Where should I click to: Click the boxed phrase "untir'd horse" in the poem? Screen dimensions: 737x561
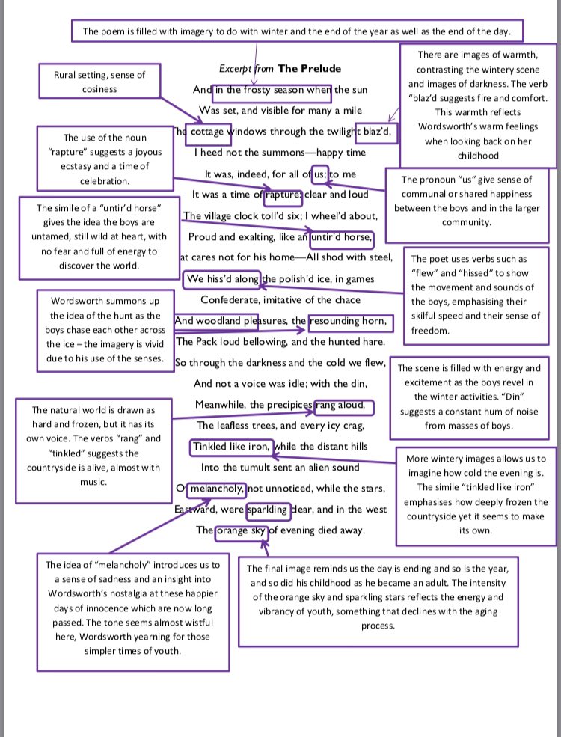[340, 237]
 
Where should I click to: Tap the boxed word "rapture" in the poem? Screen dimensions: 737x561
[283, 195]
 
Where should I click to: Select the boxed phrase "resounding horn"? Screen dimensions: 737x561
[349, 322]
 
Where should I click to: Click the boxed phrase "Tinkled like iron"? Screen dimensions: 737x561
[232, 447]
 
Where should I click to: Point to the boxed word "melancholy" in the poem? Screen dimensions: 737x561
[216, 489]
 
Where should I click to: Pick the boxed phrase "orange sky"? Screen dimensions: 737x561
[241, 531]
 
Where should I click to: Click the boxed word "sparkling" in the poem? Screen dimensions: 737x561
[268, 510]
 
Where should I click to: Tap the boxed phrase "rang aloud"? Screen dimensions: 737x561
[343, 406]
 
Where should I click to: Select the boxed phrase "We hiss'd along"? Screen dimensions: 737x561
[222, 279]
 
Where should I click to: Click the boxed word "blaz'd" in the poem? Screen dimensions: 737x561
[375, 132]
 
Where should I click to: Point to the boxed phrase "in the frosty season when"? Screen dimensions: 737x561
[272, 91]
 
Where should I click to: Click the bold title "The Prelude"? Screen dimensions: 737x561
[309, 68]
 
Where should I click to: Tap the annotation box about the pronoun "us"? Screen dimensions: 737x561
[467, 201]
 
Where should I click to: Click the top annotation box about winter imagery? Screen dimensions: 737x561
[296, 31]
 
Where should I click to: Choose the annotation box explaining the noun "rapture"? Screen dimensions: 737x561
[105, 159]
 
